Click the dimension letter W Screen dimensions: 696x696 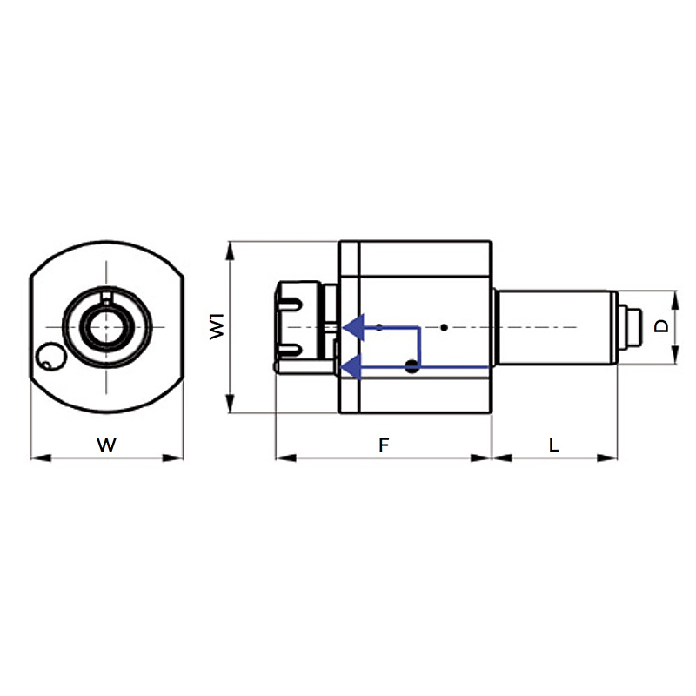click(x=106, y=445)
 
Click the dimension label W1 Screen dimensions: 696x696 click(x=217, y=326)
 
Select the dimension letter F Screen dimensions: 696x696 click(x=384, y=445)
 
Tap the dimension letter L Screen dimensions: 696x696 click(x=553, y=445)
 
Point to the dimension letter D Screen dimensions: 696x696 click(x=661, y=327)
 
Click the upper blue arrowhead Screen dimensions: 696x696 click(x=354, y=328)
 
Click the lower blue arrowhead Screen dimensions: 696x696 click(x=351, y=366)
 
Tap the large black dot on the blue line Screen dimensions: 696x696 click(x=412, y=366)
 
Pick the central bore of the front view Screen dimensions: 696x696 click(x=106, y=327)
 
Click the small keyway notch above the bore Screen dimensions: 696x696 click(x=106, y=297)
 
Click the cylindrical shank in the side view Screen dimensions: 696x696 click(x=555, y=328)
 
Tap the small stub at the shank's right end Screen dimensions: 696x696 click(x=630, y=327)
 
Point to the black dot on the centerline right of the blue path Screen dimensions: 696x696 click(x=444, y=328)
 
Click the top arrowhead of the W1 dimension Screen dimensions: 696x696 click(x=230, y=251)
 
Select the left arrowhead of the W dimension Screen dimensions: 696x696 click(x=41, y=458)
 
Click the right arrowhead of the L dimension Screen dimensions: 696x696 click(x=606, y=458)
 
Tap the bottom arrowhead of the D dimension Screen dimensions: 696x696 click(x=675, y=355)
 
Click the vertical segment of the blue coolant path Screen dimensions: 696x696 click(x=419, y=347)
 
